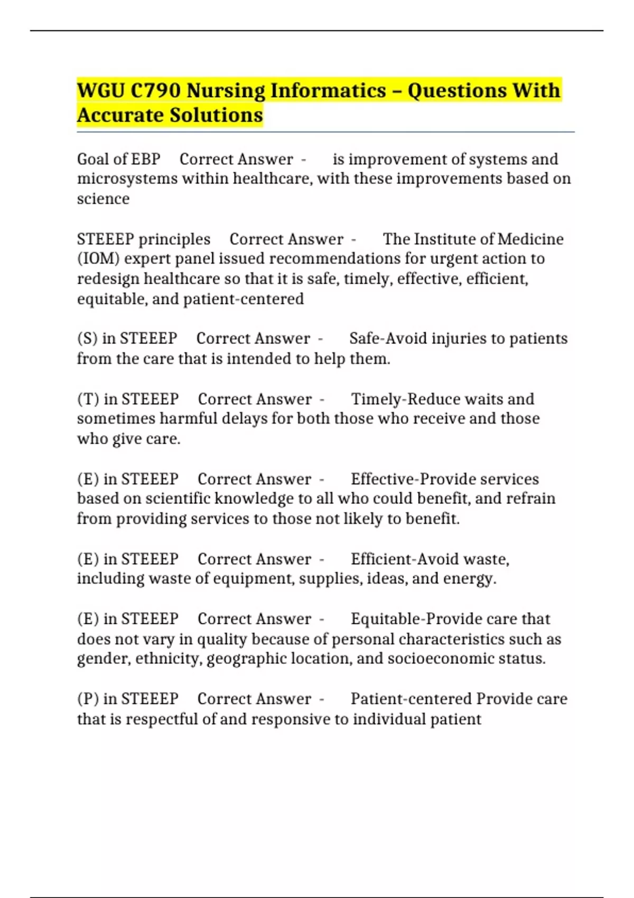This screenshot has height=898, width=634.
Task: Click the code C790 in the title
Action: [x=155, y=91]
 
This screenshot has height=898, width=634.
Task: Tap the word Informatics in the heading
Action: [x=328, y=91]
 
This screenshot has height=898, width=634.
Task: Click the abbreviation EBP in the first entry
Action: [x=146, y=160]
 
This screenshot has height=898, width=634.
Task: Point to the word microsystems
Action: [x=127, y=179]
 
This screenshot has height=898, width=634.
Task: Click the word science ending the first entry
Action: [x=103, y=199]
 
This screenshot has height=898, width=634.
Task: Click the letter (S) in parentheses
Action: [x=87, y=339]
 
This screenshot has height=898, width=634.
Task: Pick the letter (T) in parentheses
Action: [x=88, y=399]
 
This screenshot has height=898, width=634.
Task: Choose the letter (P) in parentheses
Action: [x=88, y=699]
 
